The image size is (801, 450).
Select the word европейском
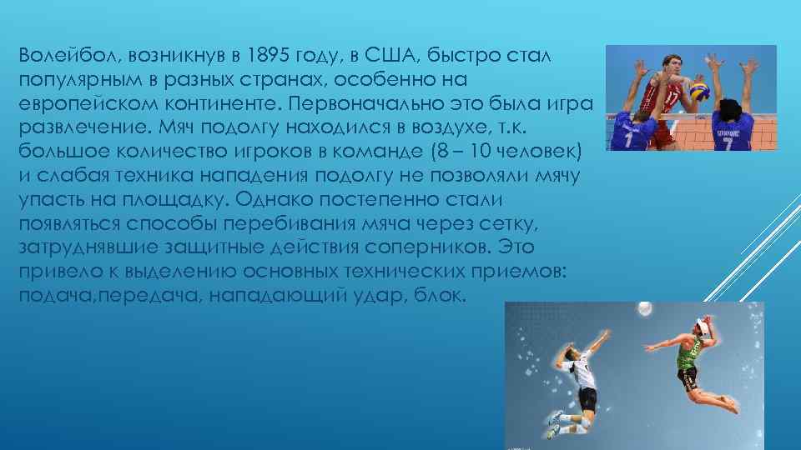click(x=83, y=103)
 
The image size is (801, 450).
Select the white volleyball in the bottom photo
click(x=644, y=308)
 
